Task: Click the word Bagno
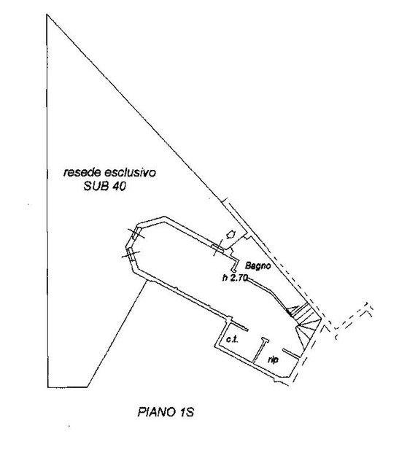[257, 265]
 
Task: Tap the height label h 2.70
[235, 278]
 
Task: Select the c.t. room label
[232, 340]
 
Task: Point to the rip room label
[273, 360]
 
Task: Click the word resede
[81, 172]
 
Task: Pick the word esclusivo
[130, 172]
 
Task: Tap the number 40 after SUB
[119, 187]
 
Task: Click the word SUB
[96, 187]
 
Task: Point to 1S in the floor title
[186, 412]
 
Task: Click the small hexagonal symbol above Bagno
[231, 235]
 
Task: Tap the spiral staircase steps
[303, 321]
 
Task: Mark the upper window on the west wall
[136, 233]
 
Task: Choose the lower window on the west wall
[131, 255]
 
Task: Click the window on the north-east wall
[217, 248]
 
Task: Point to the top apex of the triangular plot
[47, 14]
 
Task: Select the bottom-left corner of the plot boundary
[47, 387]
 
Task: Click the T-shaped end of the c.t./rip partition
[265, 340]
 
